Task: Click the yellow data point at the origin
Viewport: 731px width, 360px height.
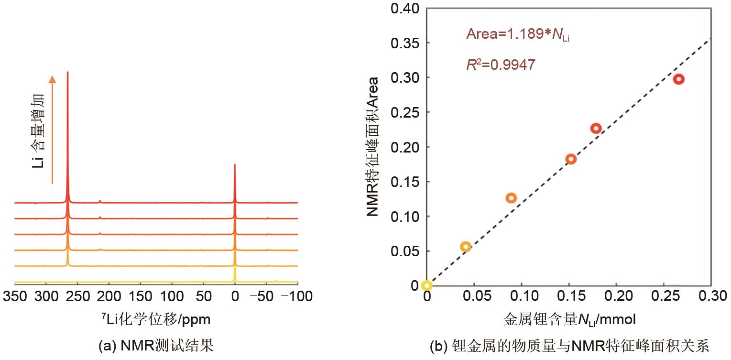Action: (x=427, y=285)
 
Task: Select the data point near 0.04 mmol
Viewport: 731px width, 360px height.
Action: (x=465, y=247)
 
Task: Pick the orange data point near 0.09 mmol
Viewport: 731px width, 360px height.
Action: (x=511, y=198)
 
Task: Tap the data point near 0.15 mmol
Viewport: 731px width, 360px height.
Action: (x=571, y=159)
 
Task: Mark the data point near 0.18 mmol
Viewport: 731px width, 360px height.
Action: (x=596, y=128)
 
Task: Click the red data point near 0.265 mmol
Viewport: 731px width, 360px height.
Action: (x=678, y=79)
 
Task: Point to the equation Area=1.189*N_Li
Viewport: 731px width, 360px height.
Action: (x=518, y=34)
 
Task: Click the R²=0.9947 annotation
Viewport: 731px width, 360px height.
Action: (x=501, y=64)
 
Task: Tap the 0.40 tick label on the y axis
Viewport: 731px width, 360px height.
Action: (x=405, y=9)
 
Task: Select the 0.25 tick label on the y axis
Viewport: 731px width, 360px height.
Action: (x=405, y=112)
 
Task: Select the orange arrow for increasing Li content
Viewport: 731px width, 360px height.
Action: (x=53, y=129)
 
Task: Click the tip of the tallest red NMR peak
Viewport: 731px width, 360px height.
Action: (x=67, y=72)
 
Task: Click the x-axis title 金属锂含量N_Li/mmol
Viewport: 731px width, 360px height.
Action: (x=569, y=319)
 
